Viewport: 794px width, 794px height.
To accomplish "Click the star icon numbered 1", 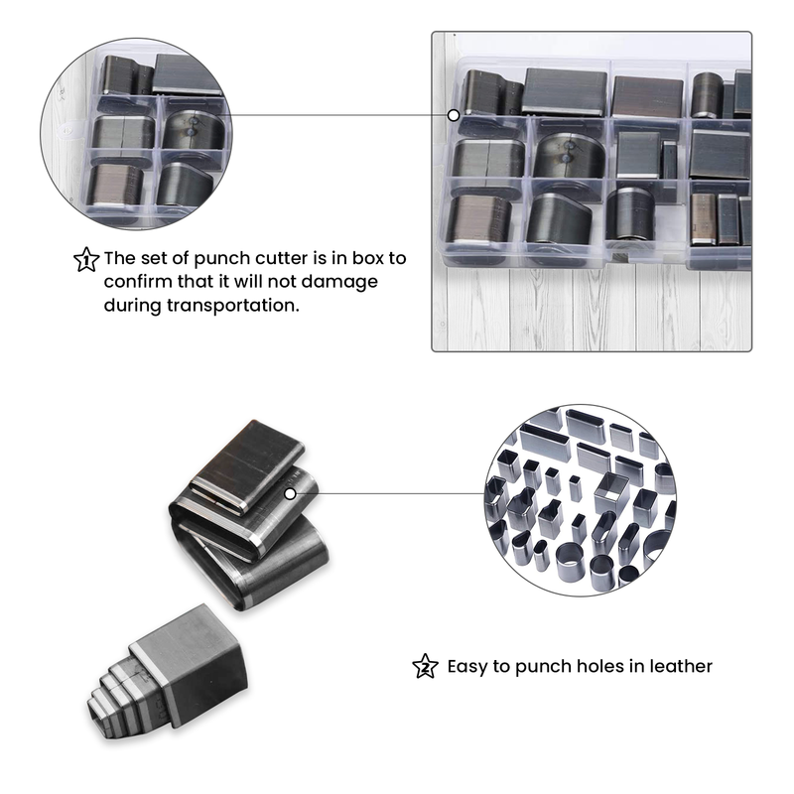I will tap(86, 260).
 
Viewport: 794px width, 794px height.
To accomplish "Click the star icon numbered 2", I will tap(424, 666).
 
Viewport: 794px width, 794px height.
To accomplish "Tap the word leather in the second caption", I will tap(677, 666).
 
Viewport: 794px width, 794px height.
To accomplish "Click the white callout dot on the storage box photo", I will tap(454, 115).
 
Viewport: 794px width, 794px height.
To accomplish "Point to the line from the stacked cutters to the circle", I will tap(387, 492).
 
